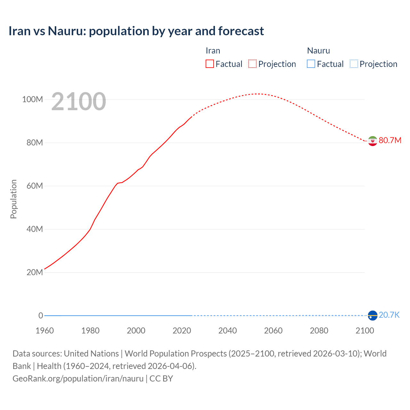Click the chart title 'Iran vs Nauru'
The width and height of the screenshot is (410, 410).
click(136, 31)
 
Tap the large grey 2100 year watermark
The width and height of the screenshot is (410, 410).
click(78, 102)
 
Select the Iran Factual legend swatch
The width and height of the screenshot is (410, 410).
click(209, 64)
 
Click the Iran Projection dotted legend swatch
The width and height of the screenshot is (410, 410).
click(252, 64)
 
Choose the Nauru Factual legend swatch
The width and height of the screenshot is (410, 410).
click(311, 64)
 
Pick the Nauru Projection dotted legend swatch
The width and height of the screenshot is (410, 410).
click(354, 64)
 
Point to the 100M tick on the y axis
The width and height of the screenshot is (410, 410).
click(32, 99)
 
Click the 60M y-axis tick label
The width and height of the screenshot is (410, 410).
click(34, 186)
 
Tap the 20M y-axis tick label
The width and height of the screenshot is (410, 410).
click(34, 272)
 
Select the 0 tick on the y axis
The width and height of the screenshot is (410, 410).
click(41, 316)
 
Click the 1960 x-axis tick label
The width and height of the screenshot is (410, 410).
click(45, 331)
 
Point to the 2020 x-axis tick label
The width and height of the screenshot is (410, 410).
click(182, 331)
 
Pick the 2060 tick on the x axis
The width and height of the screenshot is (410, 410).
click(273, 331)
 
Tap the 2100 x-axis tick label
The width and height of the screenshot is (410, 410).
click(365, 331)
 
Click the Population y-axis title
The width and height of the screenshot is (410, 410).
click(13, 199)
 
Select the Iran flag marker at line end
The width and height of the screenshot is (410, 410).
click(373, 141)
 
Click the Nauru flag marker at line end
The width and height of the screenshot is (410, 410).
click(373, 316)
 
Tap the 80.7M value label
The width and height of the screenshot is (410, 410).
click(390, 141)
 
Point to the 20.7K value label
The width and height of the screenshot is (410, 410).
click(389, 315)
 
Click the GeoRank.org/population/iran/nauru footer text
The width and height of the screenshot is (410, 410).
click(78, 378)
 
